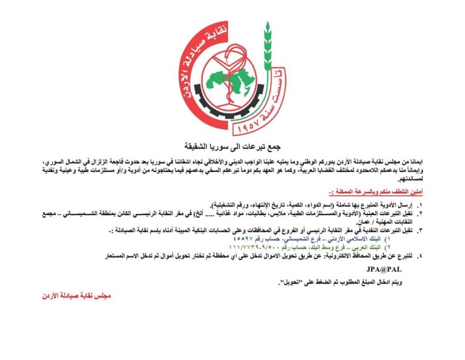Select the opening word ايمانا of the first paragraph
441,164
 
